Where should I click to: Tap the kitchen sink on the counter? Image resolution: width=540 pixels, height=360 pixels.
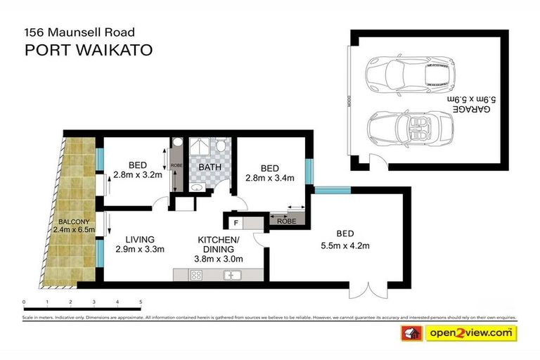(x=233, y=275)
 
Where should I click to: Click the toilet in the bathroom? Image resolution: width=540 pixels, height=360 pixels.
(x=221, y=146)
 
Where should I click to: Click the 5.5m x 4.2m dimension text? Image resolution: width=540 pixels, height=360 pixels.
(x=345, y=245)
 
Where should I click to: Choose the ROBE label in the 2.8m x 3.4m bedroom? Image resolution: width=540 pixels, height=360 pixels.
(x=285, y=220)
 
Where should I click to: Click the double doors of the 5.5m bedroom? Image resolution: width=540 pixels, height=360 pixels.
(x=371, y=288)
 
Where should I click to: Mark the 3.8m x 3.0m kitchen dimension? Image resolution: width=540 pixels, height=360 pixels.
(x=218, y=259)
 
